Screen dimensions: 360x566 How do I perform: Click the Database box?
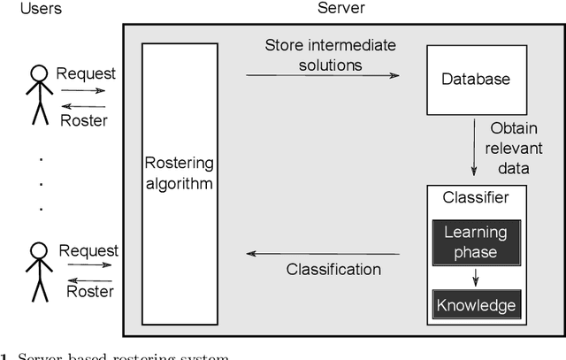click(x=476, y=80)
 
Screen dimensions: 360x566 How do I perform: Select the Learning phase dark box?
click(x=476, y=241)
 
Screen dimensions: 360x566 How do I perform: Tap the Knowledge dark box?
click(x=476, y=305)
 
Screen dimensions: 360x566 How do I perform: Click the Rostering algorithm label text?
click(x=180, y=174)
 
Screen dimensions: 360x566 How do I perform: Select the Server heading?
click(x=341, y=8)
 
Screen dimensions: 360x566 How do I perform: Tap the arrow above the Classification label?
click(x=322, y=254)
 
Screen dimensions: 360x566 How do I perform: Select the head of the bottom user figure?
click(x=37, y=251)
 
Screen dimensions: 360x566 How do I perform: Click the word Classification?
click(x=333, y=269)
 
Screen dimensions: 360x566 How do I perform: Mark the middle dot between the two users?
click(x=41, y=183)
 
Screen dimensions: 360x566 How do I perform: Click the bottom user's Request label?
click(x=86, y=250)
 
